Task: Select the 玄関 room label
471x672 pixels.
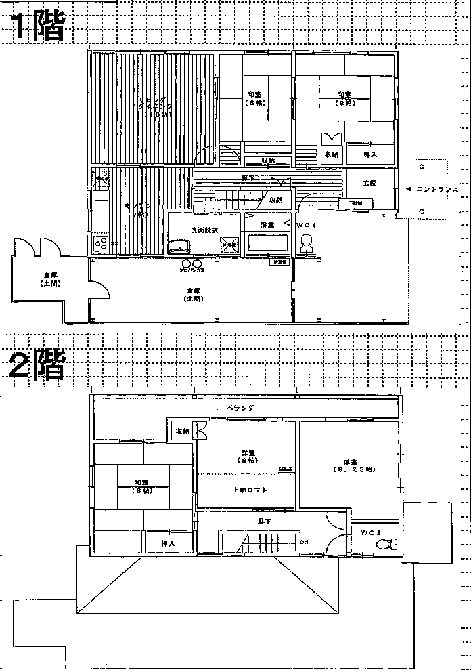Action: [x=369, y=184]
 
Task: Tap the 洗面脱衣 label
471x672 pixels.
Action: [x=204, y=230]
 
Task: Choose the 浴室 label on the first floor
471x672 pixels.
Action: [x=268, y=224]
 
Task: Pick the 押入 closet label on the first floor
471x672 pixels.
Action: [x=370, y=155]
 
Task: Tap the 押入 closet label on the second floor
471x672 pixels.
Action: [x=168, y=544]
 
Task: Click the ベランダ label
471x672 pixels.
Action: [x=240, y=408]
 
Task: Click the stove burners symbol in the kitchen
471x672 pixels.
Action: [x=101, y=243]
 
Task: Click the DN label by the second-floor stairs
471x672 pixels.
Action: [x=305, y=542]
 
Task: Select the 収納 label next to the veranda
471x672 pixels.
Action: [x=182, y=432]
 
